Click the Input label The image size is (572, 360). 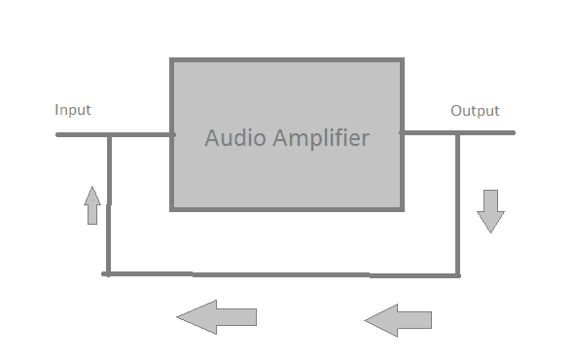(x=73, y=110)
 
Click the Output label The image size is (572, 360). (x=475, y=111)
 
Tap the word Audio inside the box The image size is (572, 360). (x=232, y=138)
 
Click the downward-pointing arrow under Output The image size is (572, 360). (x=491, y=210)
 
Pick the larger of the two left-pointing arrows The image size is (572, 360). (x=216, y=316)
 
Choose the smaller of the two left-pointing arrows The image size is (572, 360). (x=398, y=319)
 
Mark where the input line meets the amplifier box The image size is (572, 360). (x=172, y=134)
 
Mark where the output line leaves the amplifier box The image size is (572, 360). (x=402, y=132)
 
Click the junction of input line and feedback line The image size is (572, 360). (x=108, y=134)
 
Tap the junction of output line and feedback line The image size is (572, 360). (x=457, y=132)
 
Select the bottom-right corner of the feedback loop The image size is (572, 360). (x=457, y=275)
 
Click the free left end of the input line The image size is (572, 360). (x=58, y=134)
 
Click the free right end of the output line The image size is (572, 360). (x=513, y=132)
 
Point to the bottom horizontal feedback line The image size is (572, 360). (x=282, y=274)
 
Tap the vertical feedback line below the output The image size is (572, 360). (x=457, y=204)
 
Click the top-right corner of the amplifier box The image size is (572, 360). (x=401, y=61)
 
